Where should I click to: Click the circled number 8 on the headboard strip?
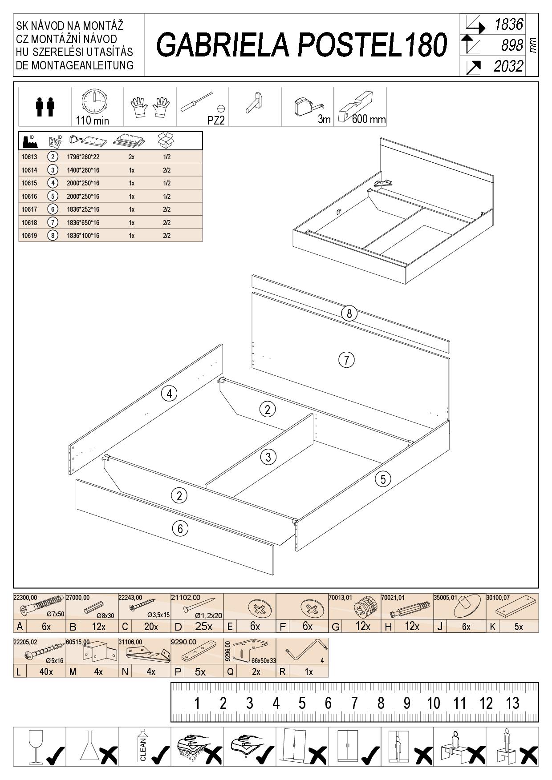point(349,314)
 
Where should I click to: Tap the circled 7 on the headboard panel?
point(346,359)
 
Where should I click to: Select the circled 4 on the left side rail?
point(169,393)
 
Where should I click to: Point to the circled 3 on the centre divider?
point(268,457)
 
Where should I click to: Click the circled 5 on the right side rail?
point(383,479)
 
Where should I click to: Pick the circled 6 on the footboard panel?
point(180,528)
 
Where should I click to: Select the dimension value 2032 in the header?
point(508,67)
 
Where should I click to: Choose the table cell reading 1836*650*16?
point(83,222)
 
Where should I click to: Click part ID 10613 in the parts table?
point(29,157)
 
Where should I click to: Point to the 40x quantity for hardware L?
point(46,671)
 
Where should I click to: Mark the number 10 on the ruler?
point(433,703)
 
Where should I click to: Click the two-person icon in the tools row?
point(45,107)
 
